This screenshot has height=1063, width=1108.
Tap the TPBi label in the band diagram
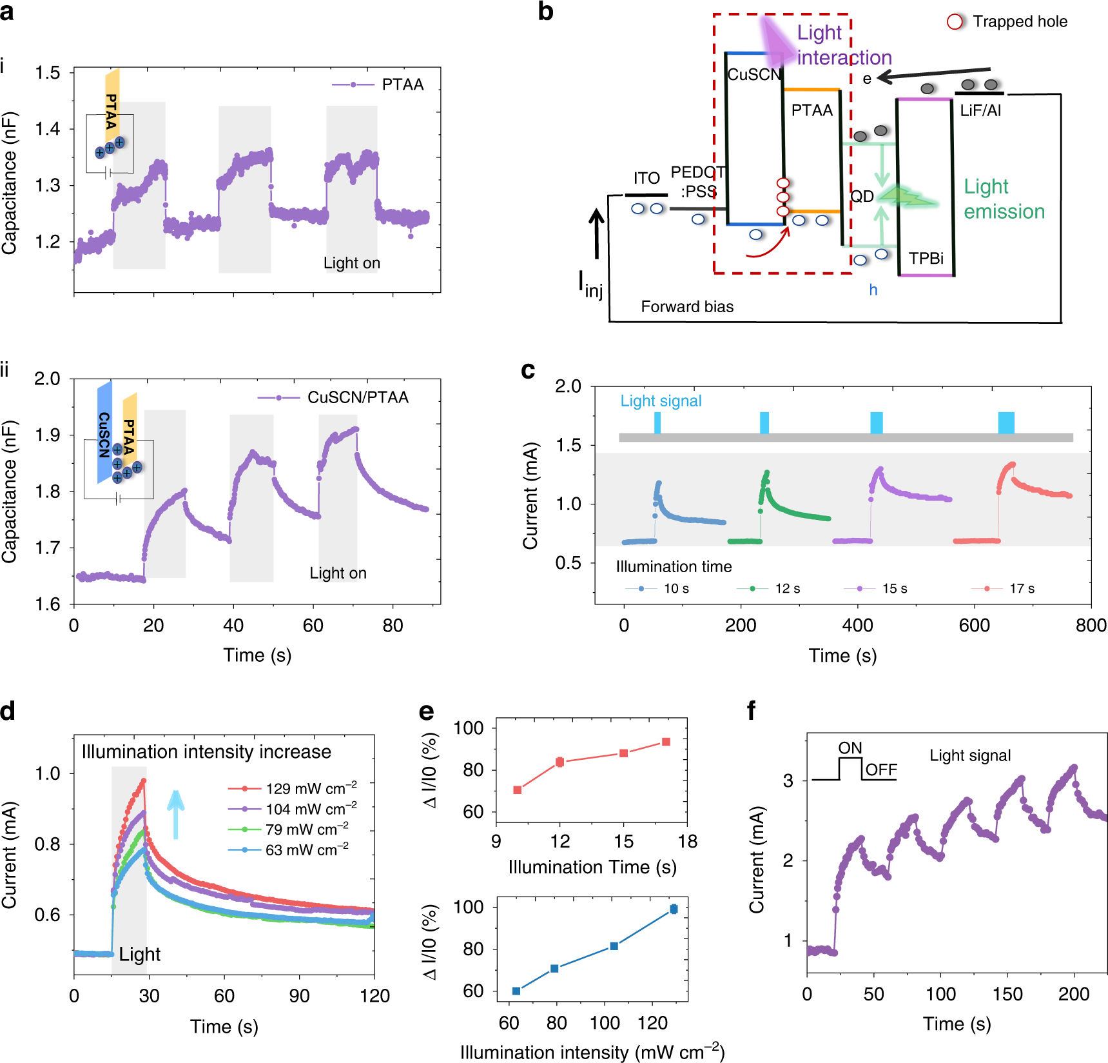tap(926, 259)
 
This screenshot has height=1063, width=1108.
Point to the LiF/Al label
tap(980, 111)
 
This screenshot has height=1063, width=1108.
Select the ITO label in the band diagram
tap(646, 178)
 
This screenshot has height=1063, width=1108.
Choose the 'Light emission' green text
tap(1003, 199)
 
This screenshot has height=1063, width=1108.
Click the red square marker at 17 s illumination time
tap(666, 742)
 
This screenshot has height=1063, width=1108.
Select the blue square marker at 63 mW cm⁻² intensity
tap(516, 991)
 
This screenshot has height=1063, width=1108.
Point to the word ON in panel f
tap(850, 748)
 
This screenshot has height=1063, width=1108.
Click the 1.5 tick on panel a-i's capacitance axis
tap(48, 73)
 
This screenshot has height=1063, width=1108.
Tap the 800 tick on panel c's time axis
tap(1091, 625)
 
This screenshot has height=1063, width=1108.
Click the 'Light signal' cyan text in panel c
tap(660, 401)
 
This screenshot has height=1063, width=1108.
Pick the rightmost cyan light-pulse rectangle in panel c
tap(1006, 422)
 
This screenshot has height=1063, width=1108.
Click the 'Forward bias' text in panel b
tap(686, 306)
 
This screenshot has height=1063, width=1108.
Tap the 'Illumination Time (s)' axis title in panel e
tap(592, 867)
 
